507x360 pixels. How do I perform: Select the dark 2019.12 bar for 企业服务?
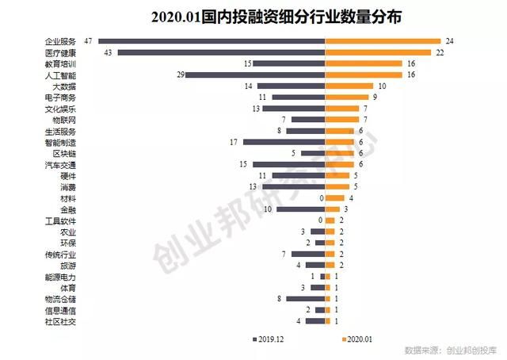(212, 41)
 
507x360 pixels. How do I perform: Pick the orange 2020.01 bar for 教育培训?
(364, 63)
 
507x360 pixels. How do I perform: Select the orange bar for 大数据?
(350, 86)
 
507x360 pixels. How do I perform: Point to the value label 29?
(181, 75)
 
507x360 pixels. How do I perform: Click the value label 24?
(449, 41)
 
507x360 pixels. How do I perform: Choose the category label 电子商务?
(61, 98)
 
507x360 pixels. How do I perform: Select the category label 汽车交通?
(61, 165)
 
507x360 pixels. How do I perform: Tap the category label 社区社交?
(61, 322)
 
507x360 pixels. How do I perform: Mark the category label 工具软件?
(61, 220)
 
